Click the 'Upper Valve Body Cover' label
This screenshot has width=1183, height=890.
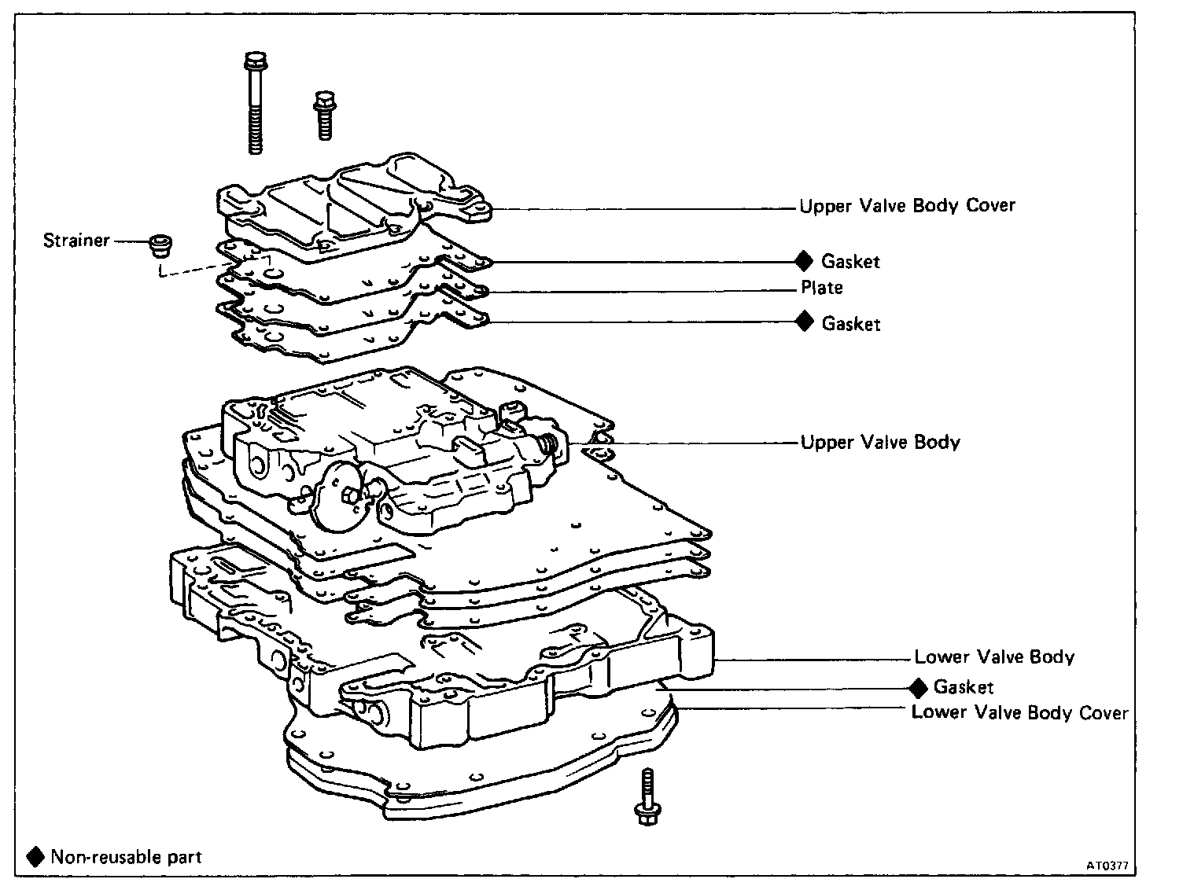point(907,206)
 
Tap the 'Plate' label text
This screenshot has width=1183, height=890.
point(822,288)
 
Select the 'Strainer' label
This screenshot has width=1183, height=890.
point(76,241)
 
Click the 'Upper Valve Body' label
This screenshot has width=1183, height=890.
point(880,442)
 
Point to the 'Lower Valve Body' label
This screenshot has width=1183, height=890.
point(994,656)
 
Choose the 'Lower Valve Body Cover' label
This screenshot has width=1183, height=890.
point(1019,712)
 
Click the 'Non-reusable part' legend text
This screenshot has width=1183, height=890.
point(126,856)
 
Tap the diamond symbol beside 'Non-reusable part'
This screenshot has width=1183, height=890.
point(35,856)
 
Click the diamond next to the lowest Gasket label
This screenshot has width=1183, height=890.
point(918,688)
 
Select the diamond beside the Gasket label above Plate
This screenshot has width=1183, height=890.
point(804,260)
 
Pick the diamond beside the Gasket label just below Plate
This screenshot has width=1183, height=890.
point(804,322)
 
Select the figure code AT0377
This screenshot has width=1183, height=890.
point(1107,866)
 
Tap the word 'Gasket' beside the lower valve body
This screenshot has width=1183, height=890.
point(964,688)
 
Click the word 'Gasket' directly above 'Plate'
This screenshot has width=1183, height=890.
point(850,261)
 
